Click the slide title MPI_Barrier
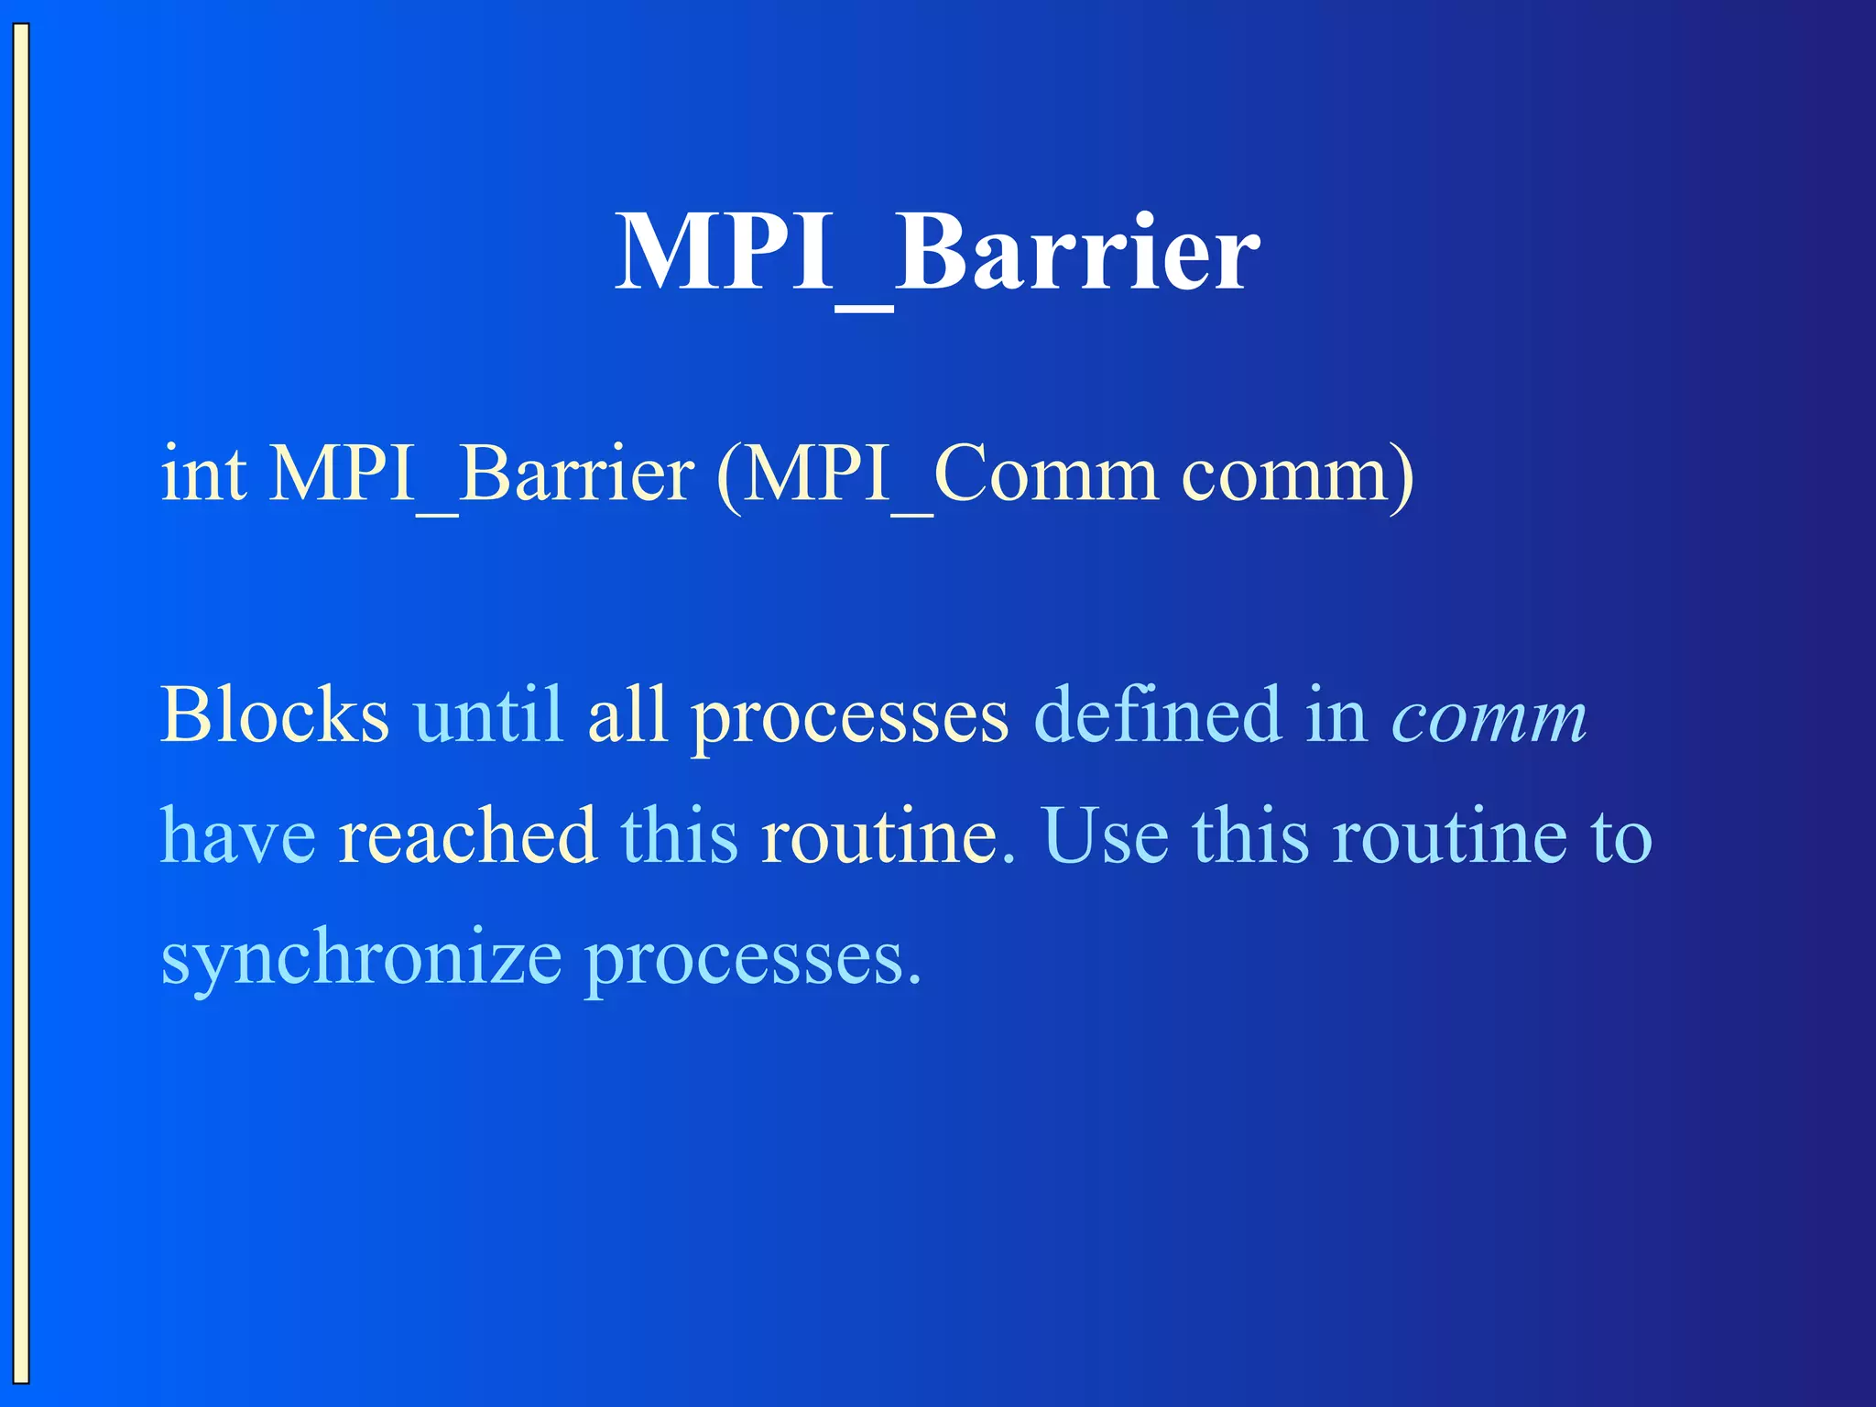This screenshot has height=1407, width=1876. tap(937, 252)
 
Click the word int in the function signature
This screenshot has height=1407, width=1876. tap(203, 474)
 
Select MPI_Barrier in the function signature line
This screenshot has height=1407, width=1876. tap(482, 474)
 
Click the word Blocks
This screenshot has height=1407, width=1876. tap(275, 715)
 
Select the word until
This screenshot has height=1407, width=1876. tap(487, 715)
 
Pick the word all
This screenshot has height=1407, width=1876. tap(627, 715)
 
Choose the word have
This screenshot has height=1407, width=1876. tap(238, 836)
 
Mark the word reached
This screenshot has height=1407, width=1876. tap(467, 836)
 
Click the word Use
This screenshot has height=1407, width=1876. tap(1106, 836)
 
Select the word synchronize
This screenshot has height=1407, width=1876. tap(361, 959)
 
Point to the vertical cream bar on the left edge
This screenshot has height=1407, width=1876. tap(20, 703)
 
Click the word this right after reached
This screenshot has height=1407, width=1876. tap(679, 836)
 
